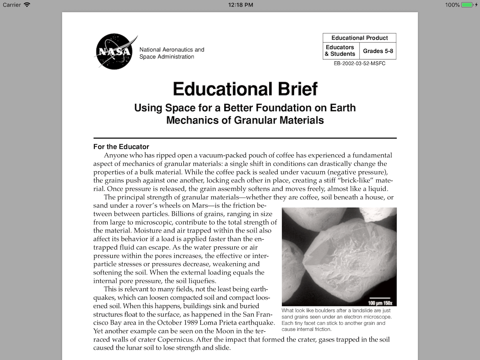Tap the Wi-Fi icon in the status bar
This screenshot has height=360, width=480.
[x=27, y=5]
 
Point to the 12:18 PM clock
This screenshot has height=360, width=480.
[x=240, y=5]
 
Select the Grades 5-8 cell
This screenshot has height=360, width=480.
[x=378, y=51]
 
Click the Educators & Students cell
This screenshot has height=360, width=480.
[x=340, y=51]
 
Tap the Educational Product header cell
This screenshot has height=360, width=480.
[x=359, y=38]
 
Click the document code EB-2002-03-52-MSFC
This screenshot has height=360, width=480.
[x=359, y=63]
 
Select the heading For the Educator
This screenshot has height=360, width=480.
[x=121, y=147]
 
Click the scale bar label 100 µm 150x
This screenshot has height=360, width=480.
[x=379, y=303]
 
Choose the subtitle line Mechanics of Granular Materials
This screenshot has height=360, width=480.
[x=245, y=120]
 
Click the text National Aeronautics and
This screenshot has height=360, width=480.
[x=172, y=50]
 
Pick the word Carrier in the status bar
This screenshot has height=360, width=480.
[x=12, y=5]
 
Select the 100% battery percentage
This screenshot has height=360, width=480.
[x=452, y=5]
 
